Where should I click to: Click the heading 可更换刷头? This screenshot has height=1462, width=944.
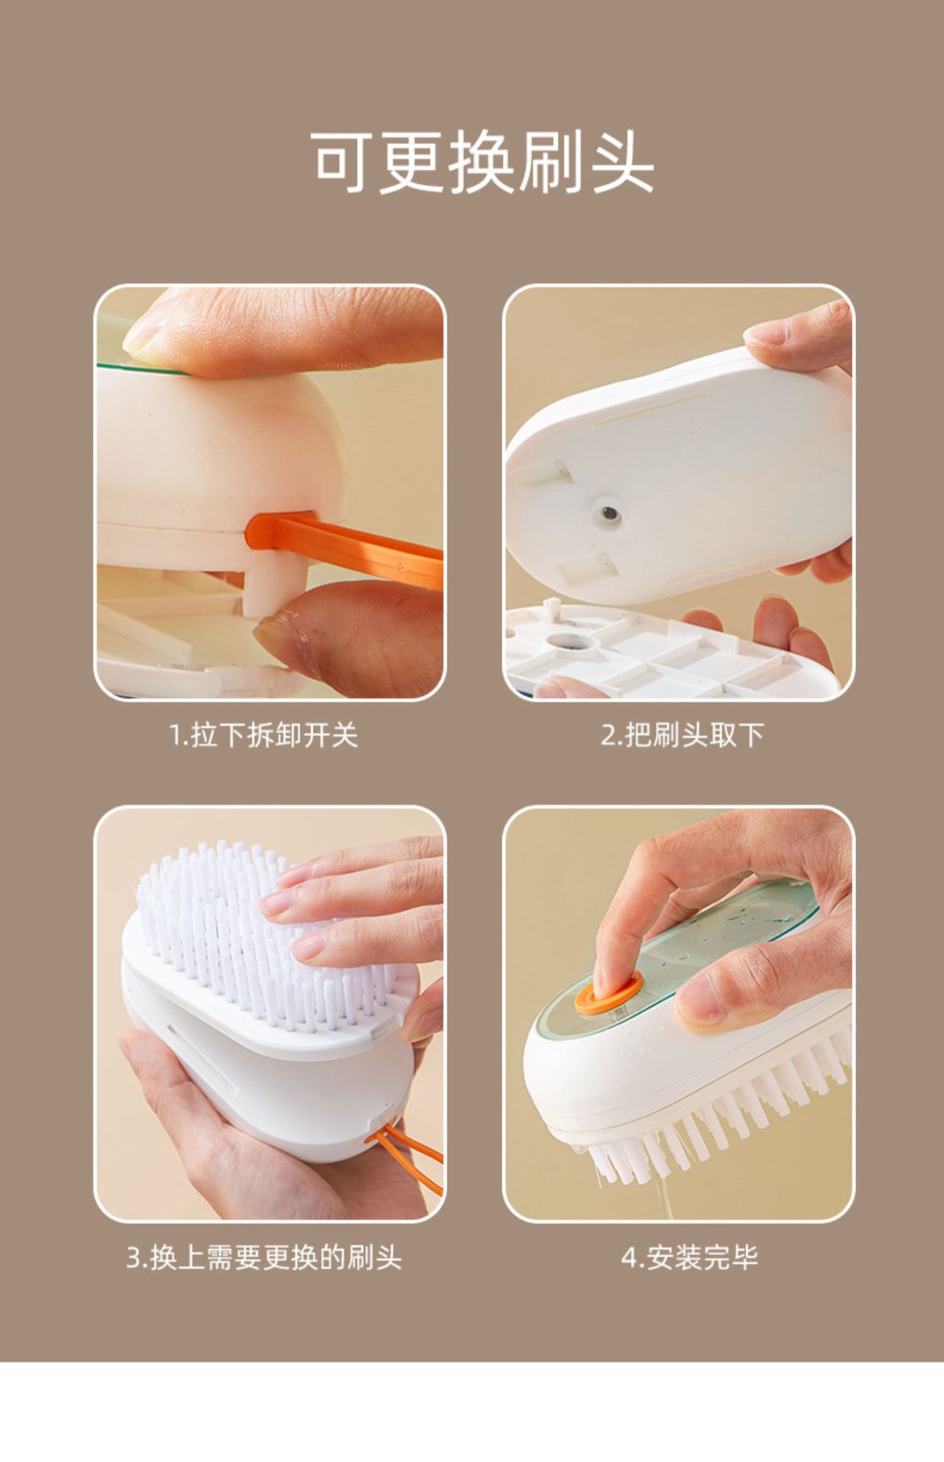483,162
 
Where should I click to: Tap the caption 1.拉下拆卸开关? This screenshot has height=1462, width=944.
263,736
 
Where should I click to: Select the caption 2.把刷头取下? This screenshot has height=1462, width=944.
682,736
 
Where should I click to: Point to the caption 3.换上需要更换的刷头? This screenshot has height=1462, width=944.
263,1257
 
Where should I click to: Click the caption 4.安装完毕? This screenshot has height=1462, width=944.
690,1257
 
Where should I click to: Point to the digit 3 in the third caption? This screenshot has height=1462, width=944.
133,1258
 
